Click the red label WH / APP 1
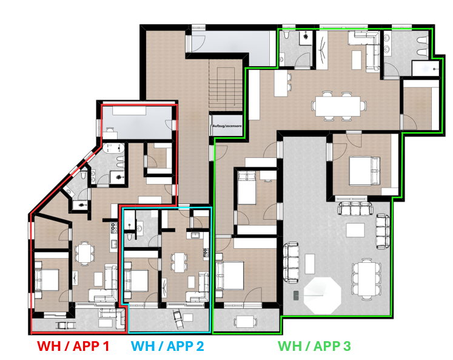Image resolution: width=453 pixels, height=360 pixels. [x=73, y=346]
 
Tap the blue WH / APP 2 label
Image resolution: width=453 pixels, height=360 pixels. [x=167, y=346]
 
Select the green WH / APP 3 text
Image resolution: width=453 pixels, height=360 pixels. [x=314, y=346]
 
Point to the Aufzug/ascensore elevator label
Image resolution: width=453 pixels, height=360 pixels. [x=227, y=126]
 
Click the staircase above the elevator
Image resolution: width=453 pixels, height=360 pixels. [x=226, y=87]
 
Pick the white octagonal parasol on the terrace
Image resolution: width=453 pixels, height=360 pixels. [x=323, y=296]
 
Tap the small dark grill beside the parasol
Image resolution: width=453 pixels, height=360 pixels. [x=297, y=296]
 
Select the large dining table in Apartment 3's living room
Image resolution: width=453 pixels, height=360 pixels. [x=338, y=106]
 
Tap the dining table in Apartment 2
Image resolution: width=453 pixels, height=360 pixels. [x=179, y=262]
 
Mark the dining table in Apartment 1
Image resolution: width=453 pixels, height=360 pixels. [x=85, y=253]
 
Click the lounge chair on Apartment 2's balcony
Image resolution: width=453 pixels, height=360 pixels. [x=178, y=319]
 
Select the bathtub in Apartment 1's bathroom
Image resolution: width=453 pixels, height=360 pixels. [x=113, y=148]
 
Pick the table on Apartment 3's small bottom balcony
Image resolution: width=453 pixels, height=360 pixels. [x=245, y=321]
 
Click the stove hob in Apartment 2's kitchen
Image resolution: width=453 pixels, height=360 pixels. [x=206, y=253]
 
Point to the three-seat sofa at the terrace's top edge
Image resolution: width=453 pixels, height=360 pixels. [x=355, y=208]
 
